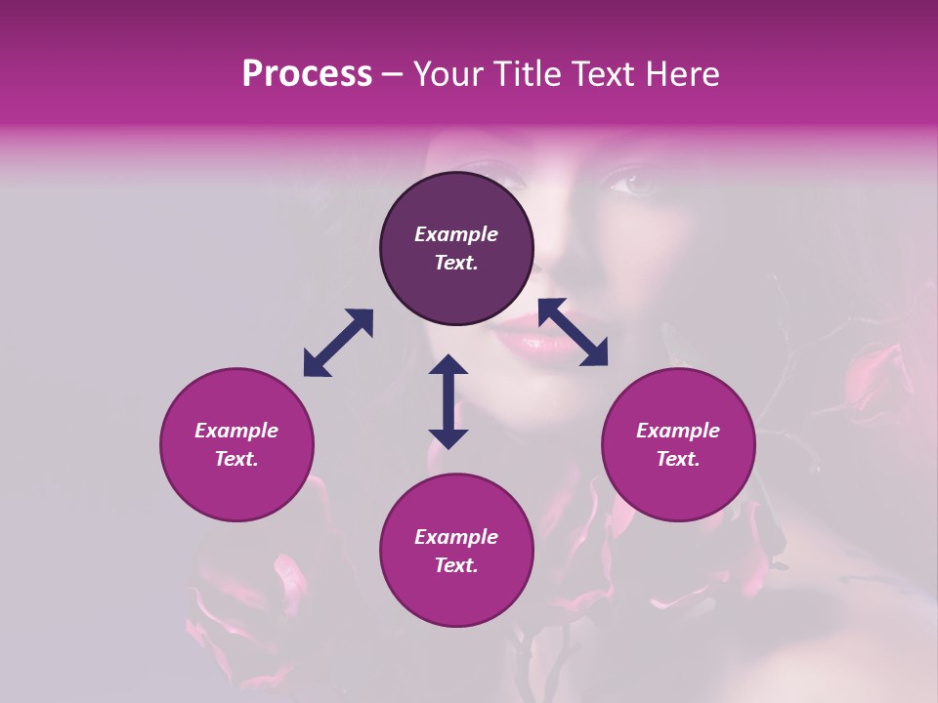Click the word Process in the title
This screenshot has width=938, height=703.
(307, 74)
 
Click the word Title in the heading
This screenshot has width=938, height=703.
(526, 74)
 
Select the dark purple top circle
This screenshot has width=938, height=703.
(456, 248)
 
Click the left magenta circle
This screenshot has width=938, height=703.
(236, 444)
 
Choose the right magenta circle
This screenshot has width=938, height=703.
(678, 444)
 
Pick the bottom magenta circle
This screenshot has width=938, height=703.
(456, 551)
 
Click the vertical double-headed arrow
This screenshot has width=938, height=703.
(448, 401)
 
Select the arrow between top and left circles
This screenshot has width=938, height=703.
(338, 343)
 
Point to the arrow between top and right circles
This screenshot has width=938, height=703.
(573, 332)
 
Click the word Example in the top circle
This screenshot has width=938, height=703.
(456, 234)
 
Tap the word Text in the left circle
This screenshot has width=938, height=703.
(236, 459)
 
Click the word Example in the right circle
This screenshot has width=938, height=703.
(678, 431)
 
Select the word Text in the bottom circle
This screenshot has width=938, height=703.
(456, 565)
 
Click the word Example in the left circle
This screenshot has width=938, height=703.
(236, 431)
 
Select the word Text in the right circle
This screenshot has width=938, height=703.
(678, 459)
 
